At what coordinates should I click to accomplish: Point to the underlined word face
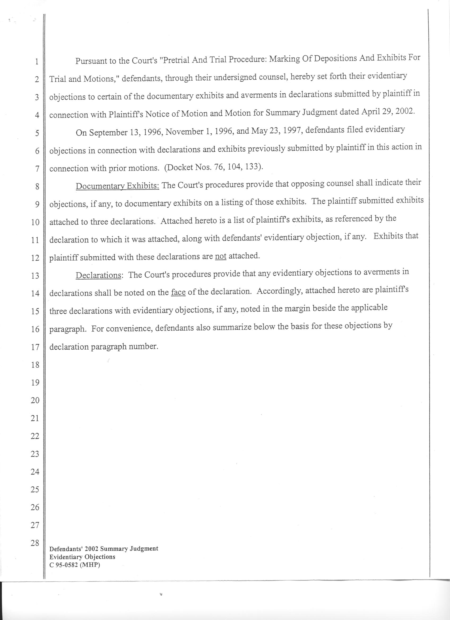click(x=178, y=292)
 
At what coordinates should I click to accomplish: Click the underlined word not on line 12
click(x=220, y=257)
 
